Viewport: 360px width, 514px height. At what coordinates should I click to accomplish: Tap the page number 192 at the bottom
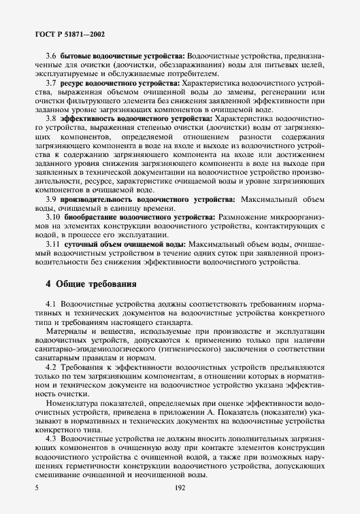[180, 487]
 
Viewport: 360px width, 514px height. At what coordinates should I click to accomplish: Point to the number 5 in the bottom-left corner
[35, 487]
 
